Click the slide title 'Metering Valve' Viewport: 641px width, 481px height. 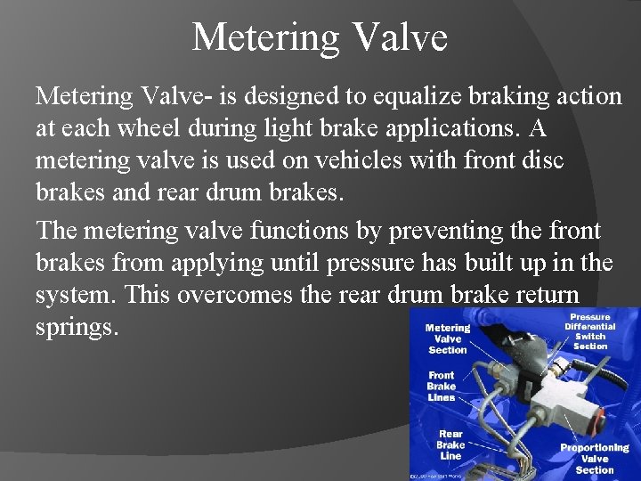320,37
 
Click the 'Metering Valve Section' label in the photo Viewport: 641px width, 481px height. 448,338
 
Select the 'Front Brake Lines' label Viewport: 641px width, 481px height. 442,387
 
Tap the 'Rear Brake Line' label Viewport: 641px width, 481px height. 450,444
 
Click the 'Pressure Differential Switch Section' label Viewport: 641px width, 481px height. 590,330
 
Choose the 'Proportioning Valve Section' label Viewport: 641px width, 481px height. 594,458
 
